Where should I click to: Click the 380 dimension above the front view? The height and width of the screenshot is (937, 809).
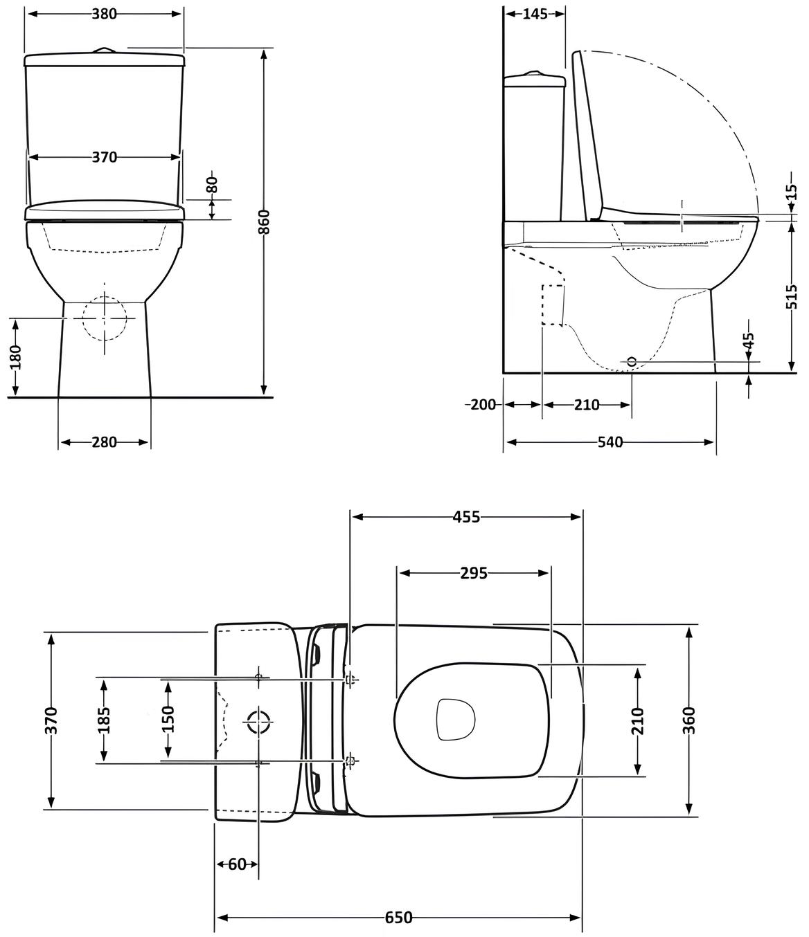tap(105, 14)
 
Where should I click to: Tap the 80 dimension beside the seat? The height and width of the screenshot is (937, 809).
tap(212, 185)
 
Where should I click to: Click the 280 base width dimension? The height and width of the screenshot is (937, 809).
tap(105, 442)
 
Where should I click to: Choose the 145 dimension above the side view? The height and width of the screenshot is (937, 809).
tap(535, 14)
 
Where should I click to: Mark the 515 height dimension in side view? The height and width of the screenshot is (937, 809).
tap(793, 296)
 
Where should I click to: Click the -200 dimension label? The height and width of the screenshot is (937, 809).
tap(481, 405)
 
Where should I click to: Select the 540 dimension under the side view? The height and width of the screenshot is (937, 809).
tap(610, 442)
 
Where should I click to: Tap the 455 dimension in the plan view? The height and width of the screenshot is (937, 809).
tap(466, 517)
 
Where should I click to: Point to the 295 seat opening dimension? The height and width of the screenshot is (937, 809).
tap(474, 573)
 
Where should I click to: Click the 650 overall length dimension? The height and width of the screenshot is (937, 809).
tap(398, 918)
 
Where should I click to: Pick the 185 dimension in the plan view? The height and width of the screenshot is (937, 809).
tap(104, 720)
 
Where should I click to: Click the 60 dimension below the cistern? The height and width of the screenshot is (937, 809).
tap(237, 864)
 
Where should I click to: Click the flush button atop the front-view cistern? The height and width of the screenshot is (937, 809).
tap(105, 50)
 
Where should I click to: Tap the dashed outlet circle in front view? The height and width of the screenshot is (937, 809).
tap(105, 318)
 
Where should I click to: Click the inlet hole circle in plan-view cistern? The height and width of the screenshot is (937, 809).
tap(258, 722)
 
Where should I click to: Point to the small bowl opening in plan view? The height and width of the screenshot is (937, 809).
tap(454, 720)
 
